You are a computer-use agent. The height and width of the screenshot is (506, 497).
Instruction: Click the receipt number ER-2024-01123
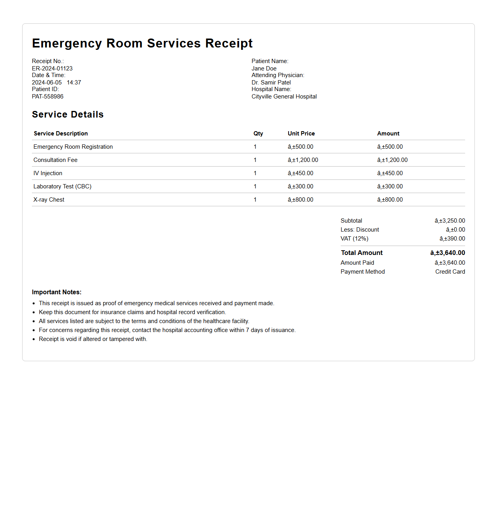[52, 69]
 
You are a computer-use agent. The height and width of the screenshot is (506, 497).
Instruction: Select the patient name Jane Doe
[264, 69]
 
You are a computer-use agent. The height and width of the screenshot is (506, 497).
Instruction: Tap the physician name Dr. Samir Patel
[271, 83]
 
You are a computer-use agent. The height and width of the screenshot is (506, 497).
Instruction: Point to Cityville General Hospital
[284, 97]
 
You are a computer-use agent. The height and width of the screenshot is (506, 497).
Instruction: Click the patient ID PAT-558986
[47, 97]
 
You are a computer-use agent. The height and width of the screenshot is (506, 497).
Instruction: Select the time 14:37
[74, 83]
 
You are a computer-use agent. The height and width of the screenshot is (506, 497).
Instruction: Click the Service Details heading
[68, 114]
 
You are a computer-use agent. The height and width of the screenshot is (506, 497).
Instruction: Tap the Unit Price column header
[301, 134]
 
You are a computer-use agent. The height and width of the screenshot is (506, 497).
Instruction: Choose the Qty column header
[258, 134]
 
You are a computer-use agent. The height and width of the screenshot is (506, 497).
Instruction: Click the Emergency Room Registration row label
[73, 147]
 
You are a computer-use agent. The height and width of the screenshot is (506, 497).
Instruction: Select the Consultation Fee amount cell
[392, 160]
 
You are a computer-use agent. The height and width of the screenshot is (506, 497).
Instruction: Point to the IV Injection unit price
[301, 173]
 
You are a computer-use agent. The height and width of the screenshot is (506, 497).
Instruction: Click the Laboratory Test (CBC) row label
[62, 186]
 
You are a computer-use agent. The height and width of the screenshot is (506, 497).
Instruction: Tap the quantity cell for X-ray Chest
[255, 200]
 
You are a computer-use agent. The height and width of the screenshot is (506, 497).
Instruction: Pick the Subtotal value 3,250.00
[450, 221]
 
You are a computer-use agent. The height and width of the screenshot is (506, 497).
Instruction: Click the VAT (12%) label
[354, 239]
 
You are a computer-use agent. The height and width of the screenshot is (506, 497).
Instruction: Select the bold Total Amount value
[448, 253]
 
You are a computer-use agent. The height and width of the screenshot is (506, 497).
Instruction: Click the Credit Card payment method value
[450, 272]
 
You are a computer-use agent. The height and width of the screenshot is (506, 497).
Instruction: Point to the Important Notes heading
[56, 292]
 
